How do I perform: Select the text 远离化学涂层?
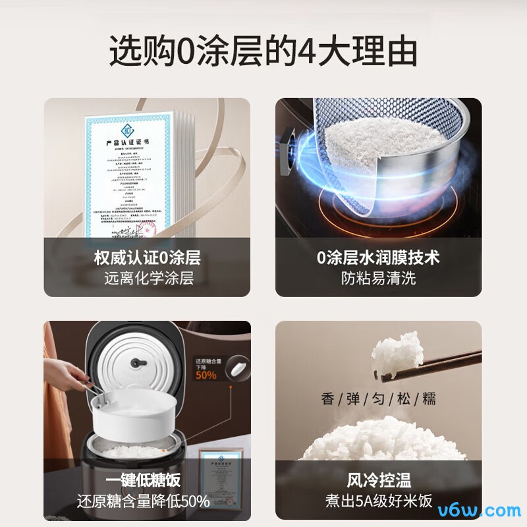pos(148,277)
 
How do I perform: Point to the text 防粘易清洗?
pos(378,277)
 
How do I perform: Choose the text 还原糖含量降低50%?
pos(148,501)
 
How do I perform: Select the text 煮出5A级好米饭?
pos(378,501)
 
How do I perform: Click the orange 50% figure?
pos(206,375)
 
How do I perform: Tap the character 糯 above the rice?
pos(429,399)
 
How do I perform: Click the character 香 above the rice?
pos(327,399)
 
